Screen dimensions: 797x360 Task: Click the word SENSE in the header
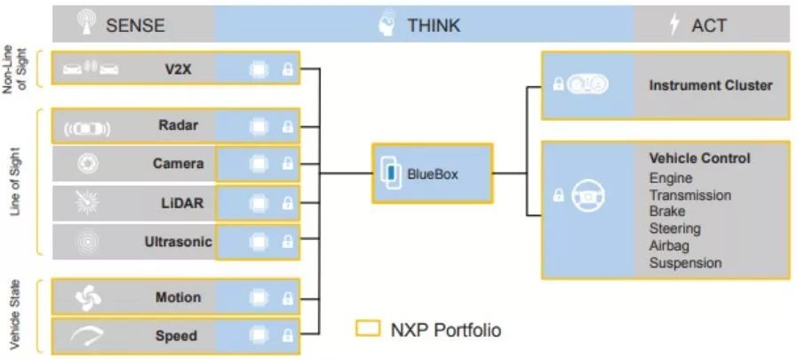pyautogui.click(x=135, y=25)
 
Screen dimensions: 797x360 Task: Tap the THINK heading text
pyautogui.click(x=434, y=25)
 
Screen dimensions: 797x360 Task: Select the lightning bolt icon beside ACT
pyautogui.click(x=674, y=24)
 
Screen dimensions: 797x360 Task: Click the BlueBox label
pyautogui.click(x=433, y=174)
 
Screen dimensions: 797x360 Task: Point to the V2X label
pyautogui.click(x=174, y=69)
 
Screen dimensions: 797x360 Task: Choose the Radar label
pyautogui.click(x=178, y=125)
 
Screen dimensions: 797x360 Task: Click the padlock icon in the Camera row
pyautogui.click(x=288, y=164)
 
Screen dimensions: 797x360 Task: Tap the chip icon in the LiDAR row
pyautogui.click(x=259, y=204)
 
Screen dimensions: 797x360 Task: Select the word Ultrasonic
pyautogui.click(x=178, y=242)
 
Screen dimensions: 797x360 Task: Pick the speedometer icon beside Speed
pyautogui.click(x=86, y=336)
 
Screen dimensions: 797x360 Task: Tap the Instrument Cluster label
pyautogui.click(x=711, y=85)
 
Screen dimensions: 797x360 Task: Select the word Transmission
pyautogui.click(x=690, y=196)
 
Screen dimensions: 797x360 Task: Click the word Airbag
pyautogui.click(x=669, y=245)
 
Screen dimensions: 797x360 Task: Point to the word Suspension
pyautogui.click(x=686, y=263)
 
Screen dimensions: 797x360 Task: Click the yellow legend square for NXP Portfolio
pyautogui.click(x=368, y=329)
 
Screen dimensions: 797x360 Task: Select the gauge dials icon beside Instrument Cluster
pyautogui.click(x=587, y=84)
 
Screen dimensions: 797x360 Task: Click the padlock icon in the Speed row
pyautogui.click(x=288, y=336)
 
